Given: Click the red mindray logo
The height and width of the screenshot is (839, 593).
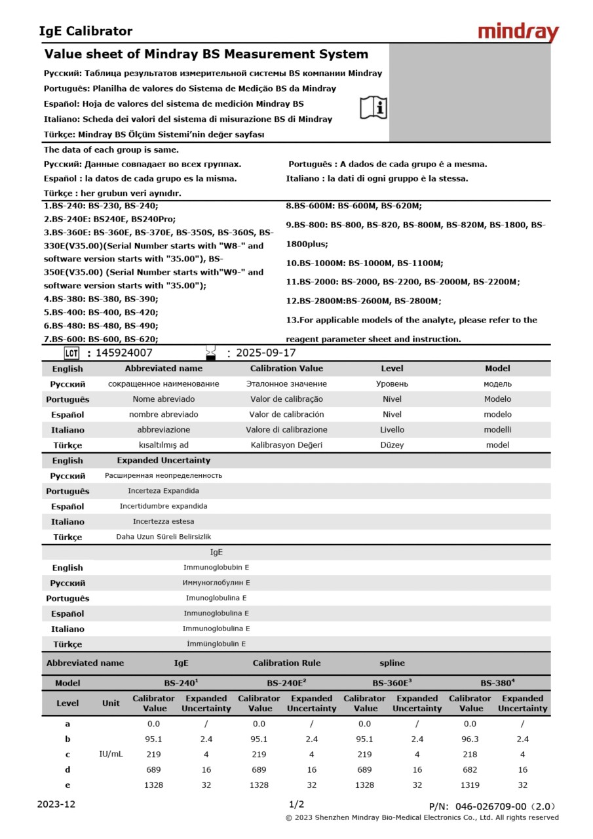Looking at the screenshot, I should (518, 32).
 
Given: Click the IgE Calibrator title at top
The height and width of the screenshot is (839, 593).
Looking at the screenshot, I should (86, 31).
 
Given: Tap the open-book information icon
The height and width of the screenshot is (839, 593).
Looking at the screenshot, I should (373, 107).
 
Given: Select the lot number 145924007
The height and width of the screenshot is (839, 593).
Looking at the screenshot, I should (124, 353).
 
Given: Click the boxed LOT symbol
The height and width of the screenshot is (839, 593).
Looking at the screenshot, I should (72, 353).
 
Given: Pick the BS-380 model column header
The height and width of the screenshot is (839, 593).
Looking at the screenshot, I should (497, 683).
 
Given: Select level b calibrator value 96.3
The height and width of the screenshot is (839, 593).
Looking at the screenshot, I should (470, 739).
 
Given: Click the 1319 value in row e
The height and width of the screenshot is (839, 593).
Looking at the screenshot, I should (470, 785).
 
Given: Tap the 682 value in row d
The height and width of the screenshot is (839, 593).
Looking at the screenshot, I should (470, 770).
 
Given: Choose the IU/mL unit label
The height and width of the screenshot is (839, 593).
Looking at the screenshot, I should (111, 754).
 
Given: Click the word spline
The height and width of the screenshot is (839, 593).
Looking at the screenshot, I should (392, 663).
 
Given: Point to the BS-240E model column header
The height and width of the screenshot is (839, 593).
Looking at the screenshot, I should (285, 683).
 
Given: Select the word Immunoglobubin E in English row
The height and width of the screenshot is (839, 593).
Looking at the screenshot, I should (216, 568).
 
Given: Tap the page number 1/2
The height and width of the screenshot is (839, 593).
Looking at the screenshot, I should (296, 804).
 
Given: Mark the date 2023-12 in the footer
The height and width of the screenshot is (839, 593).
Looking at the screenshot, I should (56, 804).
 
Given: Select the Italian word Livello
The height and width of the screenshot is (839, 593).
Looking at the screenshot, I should (392, 430).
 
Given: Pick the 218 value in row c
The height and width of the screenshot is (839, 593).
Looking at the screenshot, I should (470, 754).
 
